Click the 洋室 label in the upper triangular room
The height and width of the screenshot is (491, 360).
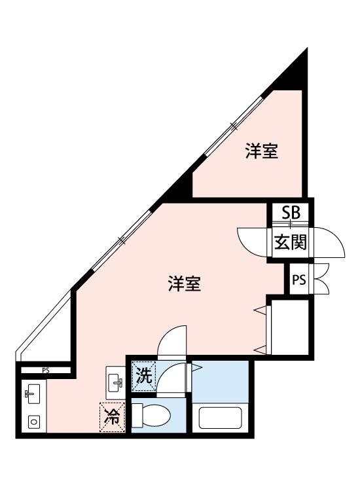262,152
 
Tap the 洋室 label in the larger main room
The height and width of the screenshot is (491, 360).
184,284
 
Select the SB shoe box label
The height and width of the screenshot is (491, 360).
291,212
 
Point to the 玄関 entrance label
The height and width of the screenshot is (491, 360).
290,243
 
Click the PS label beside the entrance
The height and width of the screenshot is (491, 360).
298,280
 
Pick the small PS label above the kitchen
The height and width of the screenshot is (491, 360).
46,371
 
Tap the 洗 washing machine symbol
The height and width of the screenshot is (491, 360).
143,376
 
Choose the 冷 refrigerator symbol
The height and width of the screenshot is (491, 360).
111,417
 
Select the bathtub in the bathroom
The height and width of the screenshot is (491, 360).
222,417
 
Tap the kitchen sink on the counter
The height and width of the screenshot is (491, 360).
33,395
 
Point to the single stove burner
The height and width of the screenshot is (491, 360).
33,422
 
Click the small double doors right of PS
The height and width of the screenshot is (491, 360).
323,280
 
